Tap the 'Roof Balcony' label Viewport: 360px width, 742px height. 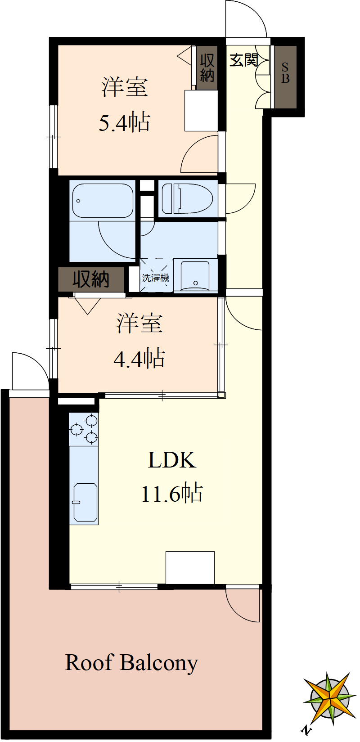coord(131,663)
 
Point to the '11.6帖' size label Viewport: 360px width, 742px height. coord(172,494)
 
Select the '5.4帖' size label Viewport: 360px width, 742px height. coord(124,122)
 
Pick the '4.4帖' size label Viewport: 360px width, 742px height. coord(139,359)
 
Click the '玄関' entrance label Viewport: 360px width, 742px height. coord(243,60)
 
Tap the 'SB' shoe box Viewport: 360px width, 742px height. coord(285,74)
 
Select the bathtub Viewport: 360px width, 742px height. coord(103,200)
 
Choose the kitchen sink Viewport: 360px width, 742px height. coord(85,502)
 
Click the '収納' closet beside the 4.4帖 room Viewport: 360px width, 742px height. coord(91,279)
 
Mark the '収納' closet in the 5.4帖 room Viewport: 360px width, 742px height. coord(207,67)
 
